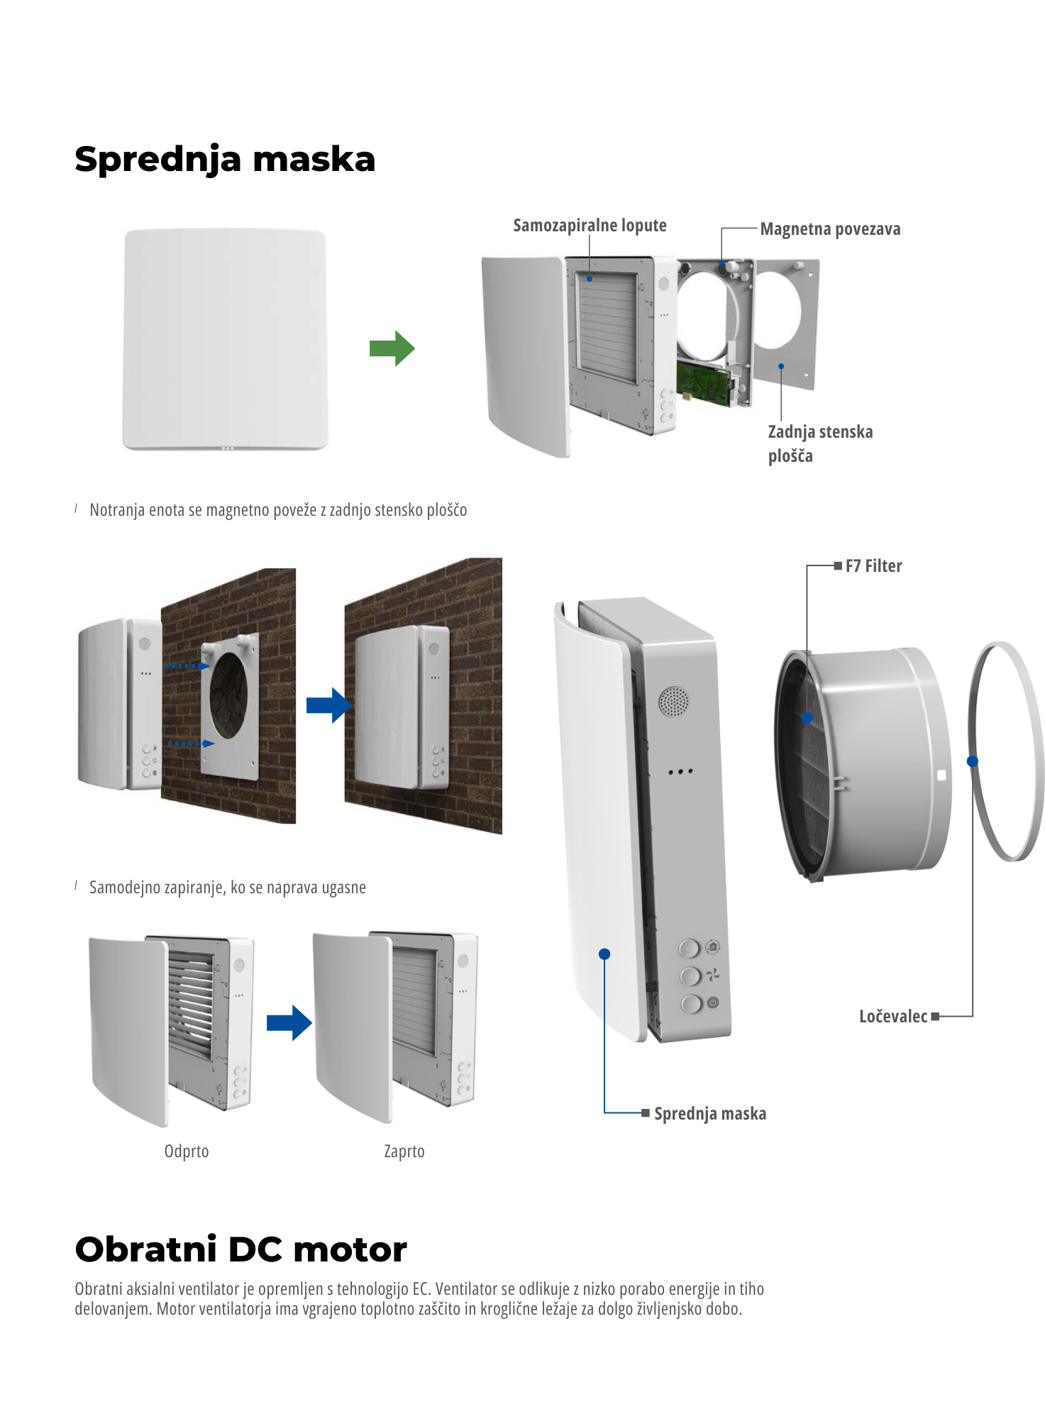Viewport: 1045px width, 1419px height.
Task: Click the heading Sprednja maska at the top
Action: pyautogui.click(x=224, y=159)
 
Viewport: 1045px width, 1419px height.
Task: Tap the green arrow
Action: pyautogui.click(x=392, y=348)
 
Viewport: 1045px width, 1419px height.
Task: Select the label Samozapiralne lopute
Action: pyautogui.click(x=590, y=226)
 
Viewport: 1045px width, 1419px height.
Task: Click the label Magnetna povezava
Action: pyautogui.click(x=830, y=229)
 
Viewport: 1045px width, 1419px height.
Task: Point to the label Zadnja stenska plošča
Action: pyautogui.click(x=820, y=443)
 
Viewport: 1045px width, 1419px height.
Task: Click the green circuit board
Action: pyautogui.click(x=703, y=384)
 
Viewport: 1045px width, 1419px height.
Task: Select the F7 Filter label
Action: pyautogui.click(x=873, y=566)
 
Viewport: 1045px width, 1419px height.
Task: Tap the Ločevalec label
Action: pyautogui.click(x=893, y=1017)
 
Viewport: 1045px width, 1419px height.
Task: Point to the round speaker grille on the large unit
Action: pyautogui.click(x=673, y=701)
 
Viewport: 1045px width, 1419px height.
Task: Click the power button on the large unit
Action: pyautogui.click(x=691, y=1003)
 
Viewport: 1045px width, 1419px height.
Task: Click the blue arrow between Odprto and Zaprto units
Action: pyautogui.click(x=289, y=1022)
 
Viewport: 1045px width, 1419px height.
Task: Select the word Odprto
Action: pyautogui.click(x=187, y=1151)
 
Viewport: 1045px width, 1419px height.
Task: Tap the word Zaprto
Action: pyautogui.click(x=404, y=1151)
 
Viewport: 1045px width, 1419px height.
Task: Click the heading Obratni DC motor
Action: pyautogui.click(x=241, y=1249)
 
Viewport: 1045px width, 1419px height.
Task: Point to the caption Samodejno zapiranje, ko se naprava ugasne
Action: pyautogui.click(x=227, y=888)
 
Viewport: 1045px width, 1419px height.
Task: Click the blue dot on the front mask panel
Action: pyautogui.click(x=604, y=954)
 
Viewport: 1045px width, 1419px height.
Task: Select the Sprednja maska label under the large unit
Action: pyautogui.click(x=709, y=1114)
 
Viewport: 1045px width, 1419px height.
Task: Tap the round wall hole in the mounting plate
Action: pyautogui.click(x=229, y=695)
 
